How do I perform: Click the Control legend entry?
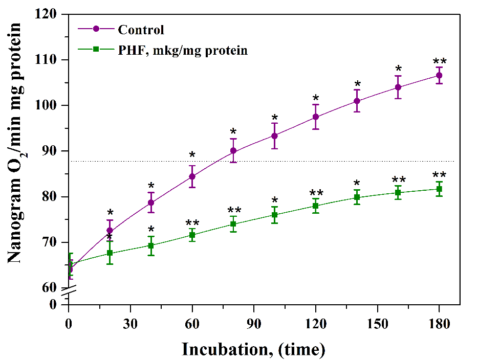(x=141, y=30)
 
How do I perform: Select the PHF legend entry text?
(x=183, y=50)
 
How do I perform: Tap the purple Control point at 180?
(x=439, y=75)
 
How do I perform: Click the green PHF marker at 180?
(x=439, y=189)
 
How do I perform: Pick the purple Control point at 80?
(x=233, y=151)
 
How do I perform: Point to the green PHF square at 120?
(x=316, y=206)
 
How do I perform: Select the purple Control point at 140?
(x=357, y=101)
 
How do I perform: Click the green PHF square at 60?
(x=192, y=235)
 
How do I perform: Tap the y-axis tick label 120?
(x=48, y=14)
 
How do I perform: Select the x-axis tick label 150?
(x=377, y=324)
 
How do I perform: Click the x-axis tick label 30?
(x=131, y=324)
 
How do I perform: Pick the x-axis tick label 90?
(x=254, y=324)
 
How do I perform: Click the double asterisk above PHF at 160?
(x=398, y=180)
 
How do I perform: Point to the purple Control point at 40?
(x=151, y=202)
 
